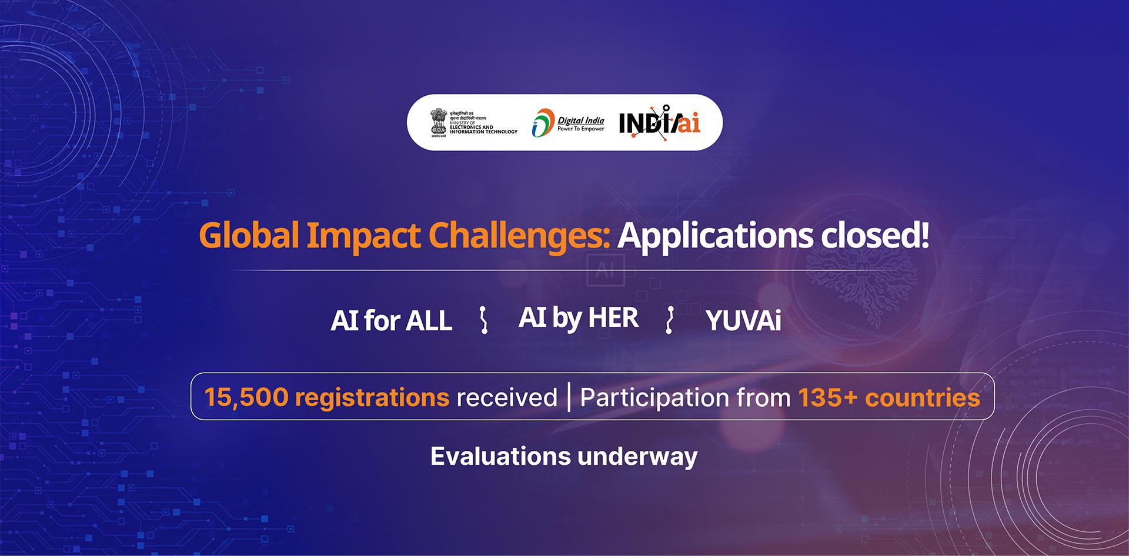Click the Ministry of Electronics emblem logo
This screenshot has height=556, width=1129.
pyautogui.click(x=439, y=122)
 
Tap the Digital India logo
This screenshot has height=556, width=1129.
pyautogui.click(x=568, y=123)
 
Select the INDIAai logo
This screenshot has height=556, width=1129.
pyautogui.click(x=659, y=123)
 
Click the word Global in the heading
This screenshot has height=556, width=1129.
pyautogui.click(x=249, y=236)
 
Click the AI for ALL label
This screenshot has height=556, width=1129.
pyautogui.click(x=391, y=321)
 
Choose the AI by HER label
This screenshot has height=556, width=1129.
pyautogui.click(x=579, y=318)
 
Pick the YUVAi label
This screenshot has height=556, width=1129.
pyautogui.click(x=743, y=321)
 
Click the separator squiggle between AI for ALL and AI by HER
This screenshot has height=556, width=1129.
pyautogui.click(x=483, y=320)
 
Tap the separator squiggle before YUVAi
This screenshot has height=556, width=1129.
pyautogui.click(x=669, y=320)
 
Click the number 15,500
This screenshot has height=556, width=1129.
pyautogui.click(x=246, y=397)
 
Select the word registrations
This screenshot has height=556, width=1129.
pyautogui.click(x=372, y=397)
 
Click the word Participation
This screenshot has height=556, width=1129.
pyautogui.click(x=654, y=397)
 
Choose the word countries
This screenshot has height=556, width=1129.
pyautogui.click(x=922, y=397)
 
